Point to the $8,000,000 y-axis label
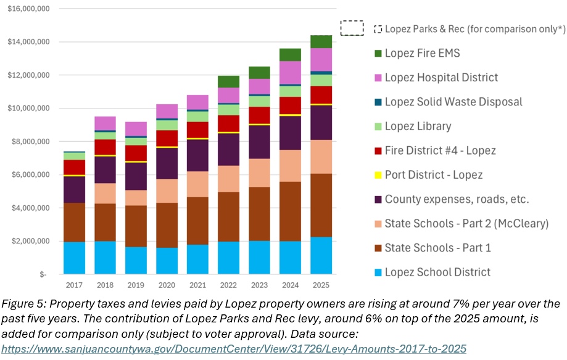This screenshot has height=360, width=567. point(31,141)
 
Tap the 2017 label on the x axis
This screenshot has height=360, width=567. point(74,284)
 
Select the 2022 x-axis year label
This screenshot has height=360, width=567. point(228,284)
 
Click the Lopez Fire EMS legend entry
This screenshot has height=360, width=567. point(422,54)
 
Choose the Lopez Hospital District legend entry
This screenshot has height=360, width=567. point(441,78)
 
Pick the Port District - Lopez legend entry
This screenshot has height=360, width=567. point(433,175)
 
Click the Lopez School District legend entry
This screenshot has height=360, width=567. point(437,272)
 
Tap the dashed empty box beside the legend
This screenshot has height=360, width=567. point(352,28)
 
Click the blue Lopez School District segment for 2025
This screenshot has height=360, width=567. point(321,255)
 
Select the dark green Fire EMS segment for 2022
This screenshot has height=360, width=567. point(228,81)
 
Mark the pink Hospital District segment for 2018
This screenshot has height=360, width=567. point(105,123)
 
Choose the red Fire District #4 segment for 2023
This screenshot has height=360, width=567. point(259,115)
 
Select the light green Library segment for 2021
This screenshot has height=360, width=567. point(197,117)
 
